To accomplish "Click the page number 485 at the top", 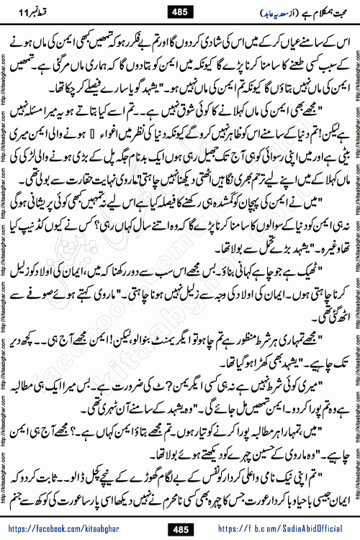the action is coord(179,12).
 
